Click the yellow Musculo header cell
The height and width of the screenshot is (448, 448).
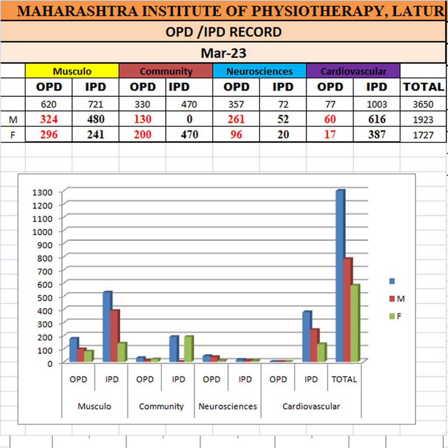(72, 71)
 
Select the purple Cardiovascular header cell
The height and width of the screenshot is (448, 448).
(353, 71)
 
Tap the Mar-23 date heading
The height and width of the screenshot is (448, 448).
(224, 53)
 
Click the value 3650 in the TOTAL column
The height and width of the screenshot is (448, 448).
(423, 105)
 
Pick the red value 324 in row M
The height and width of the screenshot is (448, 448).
(49, 119)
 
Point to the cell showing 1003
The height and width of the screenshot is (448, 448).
(376, 105)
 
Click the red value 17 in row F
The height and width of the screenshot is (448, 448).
(330, 135)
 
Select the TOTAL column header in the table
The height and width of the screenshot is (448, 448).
(423, 87)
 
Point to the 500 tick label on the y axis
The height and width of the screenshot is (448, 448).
(44, 297)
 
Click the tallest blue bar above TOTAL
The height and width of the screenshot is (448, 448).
(340, 276)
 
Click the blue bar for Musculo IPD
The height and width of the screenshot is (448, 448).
(107, 326)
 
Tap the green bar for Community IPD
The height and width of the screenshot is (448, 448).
(189, 349)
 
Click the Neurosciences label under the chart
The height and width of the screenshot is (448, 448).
(227, 406)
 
